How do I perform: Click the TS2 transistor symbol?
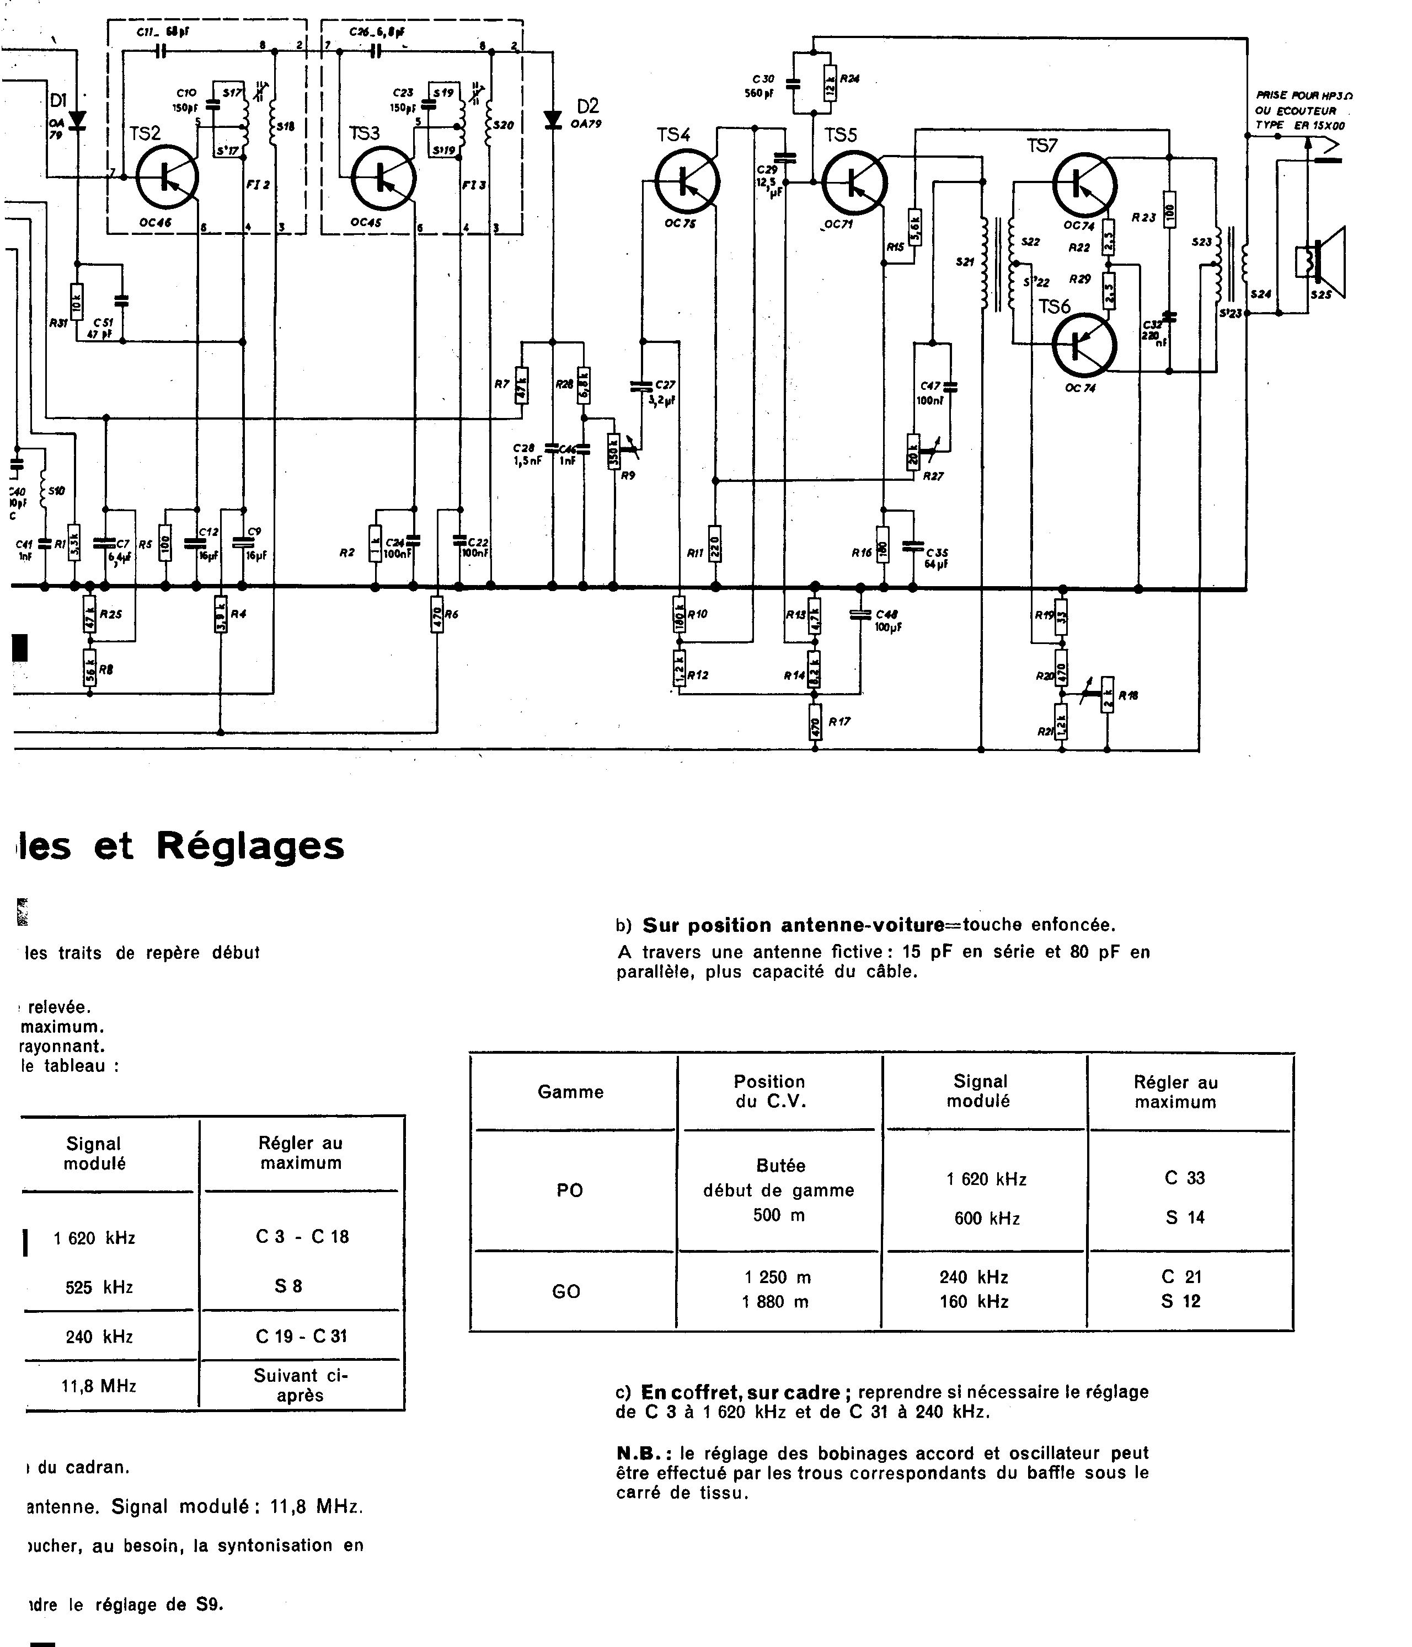pyautogui.click(x=167, y=178)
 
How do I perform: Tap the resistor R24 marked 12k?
pyautogui.click(x=829, y=83)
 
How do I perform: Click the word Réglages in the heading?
pyautogui.click(x=250, y=846)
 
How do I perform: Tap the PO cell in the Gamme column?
pyautogui.click(x=570, y=1190)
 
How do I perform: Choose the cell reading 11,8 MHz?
pyautogui.click(x=99, y=1386)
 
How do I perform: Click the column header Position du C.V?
pyautogui.click(x=769, y=1091)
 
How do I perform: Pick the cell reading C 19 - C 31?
pyautogui.click(x=301, y=1336)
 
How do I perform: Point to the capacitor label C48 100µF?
pyautogui.click(x=888, y=621)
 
